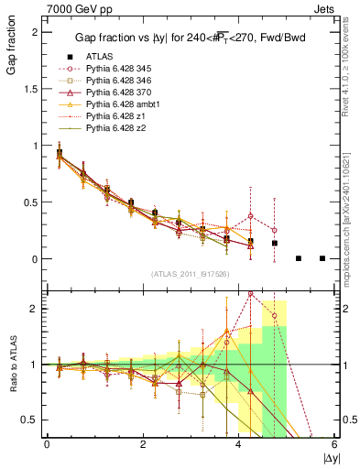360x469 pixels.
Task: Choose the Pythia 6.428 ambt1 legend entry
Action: [x=122, y=104]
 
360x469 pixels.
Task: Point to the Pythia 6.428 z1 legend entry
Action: [x=114, y=116]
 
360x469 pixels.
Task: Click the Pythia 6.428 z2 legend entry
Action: [x=114, y=129]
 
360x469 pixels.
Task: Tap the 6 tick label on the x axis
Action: [x=335, y=444]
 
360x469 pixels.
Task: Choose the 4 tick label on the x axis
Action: [x=239, y=444]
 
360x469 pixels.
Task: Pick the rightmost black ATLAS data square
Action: [x=322, y=258]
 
